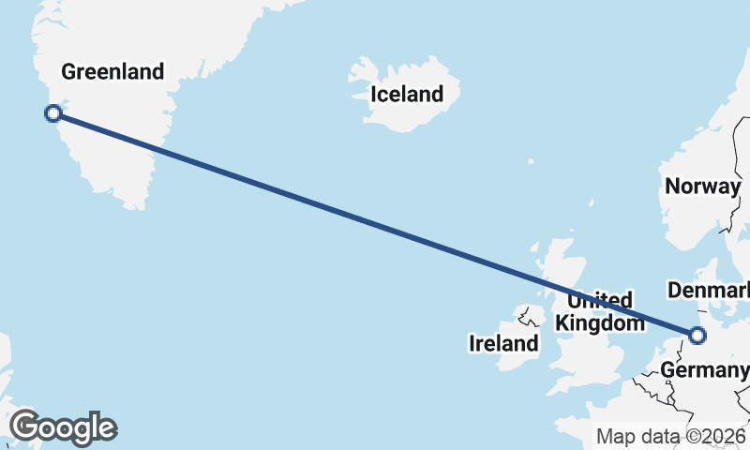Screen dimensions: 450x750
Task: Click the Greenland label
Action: (112, 71)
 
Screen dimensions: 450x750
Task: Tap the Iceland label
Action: (406, 94)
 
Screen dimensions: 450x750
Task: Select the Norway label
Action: (702, 186)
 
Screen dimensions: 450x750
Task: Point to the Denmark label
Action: (707, 288)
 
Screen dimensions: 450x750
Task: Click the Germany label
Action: (704, 370)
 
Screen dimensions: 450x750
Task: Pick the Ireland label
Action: (503, 344)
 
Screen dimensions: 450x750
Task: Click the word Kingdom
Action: (600, 323)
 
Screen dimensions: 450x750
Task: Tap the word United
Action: (600, 301)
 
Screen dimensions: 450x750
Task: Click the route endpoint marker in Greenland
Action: (53, 113)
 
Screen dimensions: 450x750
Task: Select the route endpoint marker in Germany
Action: (697, 335)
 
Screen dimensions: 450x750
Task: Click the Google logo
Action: (63, 427)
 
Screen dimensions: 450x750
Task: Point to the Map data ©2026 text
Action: (671, 436)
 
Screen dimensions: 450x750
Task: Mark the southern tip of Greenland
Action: (138, 204)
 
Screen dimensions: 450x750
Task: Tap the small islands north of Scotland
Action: (592, 203)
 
